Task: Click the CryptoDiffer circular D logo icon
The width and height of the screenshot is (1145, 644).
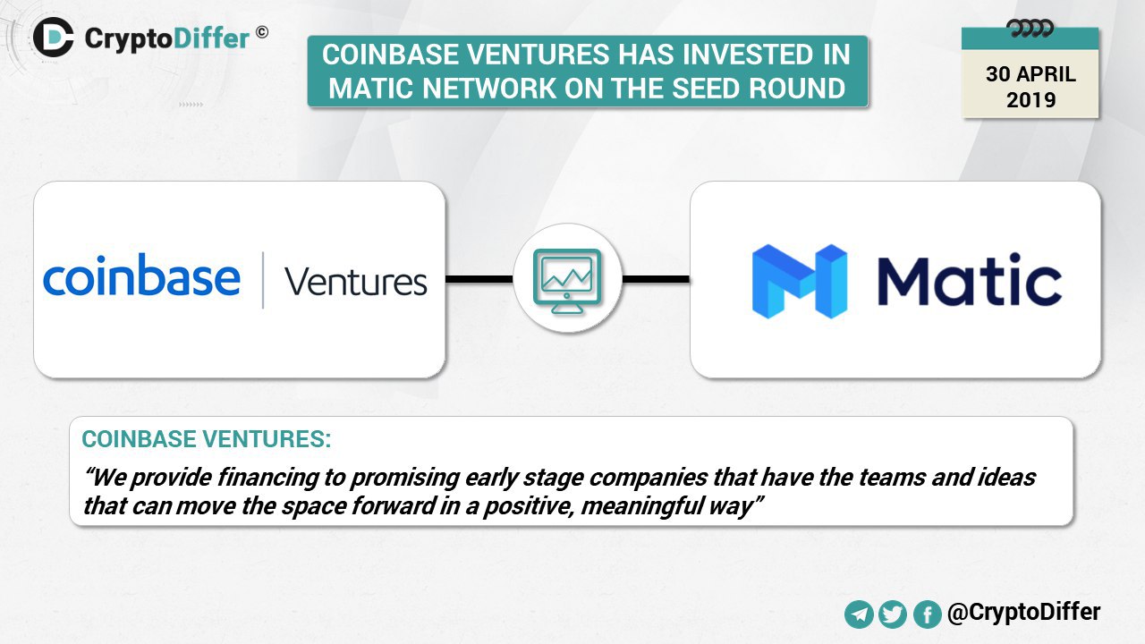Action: [53, 38]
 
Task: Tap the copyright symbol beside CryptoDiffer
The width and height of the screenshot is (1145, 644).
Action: [262, 32]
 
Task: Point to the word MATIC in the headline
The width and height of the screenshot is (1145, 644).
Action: [371, 88]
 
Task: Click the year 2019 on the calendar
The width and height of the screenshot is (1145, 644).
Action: [1031, 100]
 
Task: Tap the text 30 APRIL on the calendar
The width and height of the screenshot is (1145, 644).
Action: [1030, 74]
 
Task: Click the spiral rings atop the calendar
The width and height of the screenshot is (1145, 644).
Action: [1030, 29]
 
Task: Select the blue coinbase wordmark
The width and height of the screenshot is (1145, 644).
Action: [141, 275]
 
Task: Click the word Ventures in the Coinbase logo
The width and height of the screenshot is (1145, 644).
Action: [356, 282]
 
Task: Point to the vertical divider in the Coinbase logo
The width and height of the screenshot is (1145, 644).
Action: [263, 280]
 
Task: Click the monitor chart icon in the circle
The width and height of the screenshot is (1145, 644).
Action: [567, 281]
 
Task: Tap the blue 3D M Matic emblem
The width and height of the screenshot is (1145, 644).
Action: [800, 281]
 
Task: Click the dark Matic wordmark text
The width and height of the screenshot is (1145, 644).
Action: [970, 280]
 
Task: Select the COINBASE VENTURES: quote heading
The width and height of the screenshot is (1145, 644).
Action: [207, 439]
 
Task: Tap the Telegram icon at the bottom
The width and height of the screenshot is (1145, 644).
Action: [859, 614]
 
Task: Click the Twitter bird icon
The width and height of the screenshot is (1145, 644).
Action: [893, 614]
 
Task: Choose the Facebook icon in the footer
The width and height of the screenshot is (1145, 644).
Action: [927, 614]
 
